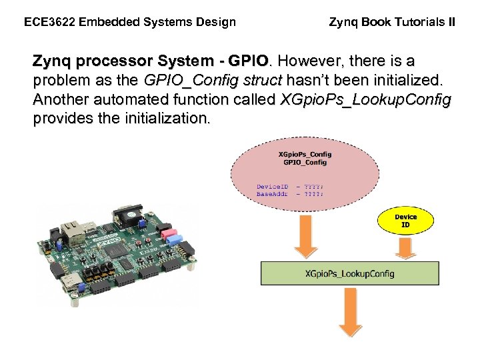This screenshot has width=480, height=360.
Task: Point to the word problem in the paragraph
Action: (x=59, y=81)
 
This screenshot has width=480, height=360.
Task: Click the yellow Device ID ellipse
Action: (x=405, y=221)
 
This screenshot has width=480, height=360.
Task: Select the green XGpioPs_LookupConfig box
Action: (x=349, y=273)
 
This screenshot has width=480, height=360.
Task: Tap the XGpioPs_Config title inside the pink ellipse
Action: (x=305, y=154)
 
